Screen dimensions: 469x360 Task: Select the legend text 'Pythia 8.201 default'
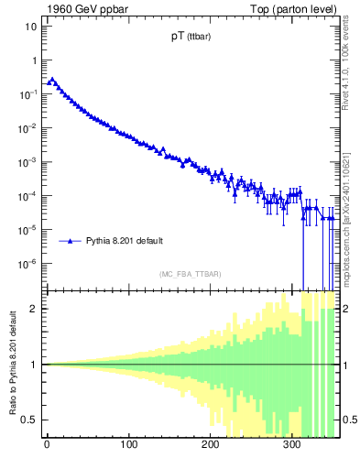(125, 241)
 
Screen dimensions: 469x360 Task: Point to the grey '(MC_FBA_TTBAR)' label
(190, 274)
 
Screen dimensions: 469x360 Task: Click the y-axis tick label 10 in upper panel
(31, 27)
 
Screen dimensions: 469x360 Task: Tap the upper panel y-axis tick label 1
(34, 60)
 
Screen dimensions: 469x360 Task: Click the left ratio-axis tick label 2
(36, 309)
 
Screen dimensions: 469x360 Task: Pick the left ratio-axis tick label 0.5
(31, 420)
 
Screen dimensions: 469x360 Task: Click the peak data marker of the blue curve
(52, 80)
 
